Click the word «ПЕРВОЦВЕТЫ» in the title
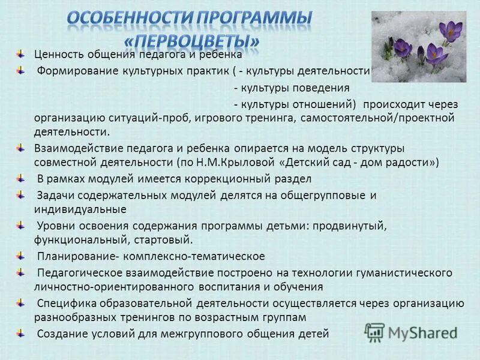(192, 41)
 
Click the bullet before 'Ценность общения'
(20, 54)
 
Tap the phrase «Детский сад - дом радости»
(359, 163)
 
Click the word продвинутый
(349, 226)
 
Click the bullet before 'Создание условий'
(20, 332)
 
